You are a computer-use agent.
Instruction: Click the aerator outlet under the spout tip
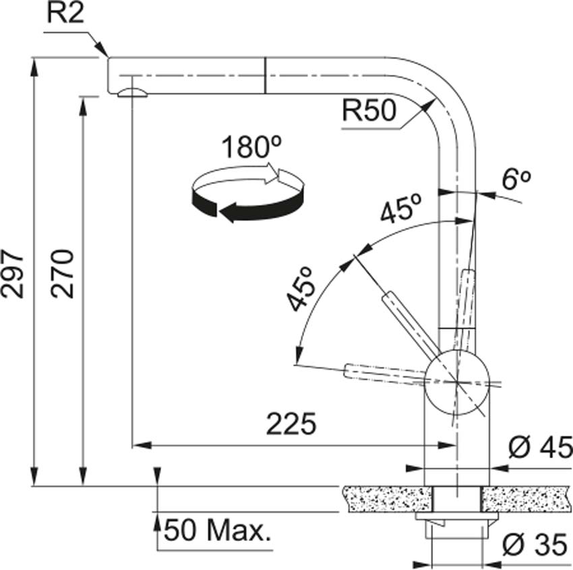[x=131, y=93]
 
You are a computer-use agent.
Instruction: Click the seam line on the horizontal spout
[x=266, y=75]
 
